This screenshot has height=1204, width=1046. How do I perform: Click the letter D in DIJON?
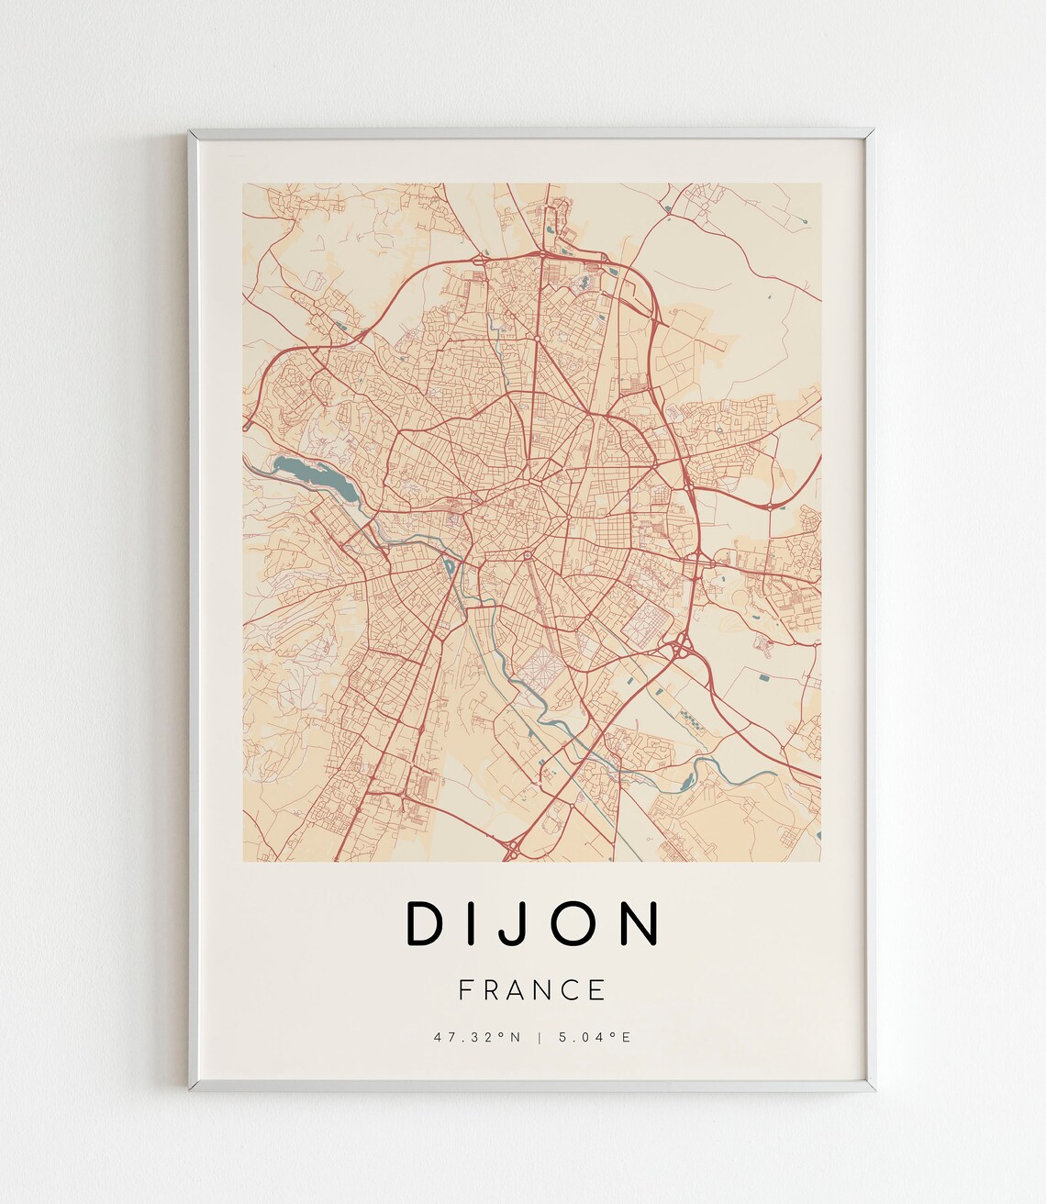click(425, 923)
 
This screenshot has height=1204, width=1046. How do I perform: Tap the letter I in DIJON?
click(478, 923)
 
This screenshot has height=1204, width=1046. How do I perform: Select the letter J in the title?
click(518, 923)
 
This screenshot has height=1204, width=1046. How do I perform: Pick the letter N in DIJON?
click(640, 923)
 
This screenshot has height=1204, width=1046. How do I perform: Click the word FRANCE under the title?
click(532, 990)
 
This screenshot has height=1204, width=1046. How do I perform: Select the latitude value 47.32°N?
click(478, 1038)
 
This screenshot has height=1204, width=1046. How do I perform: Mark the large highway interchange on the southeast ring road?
click(681, 648)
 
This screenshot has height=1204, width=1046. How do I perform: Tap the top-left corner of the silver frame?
click(192, 134)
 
